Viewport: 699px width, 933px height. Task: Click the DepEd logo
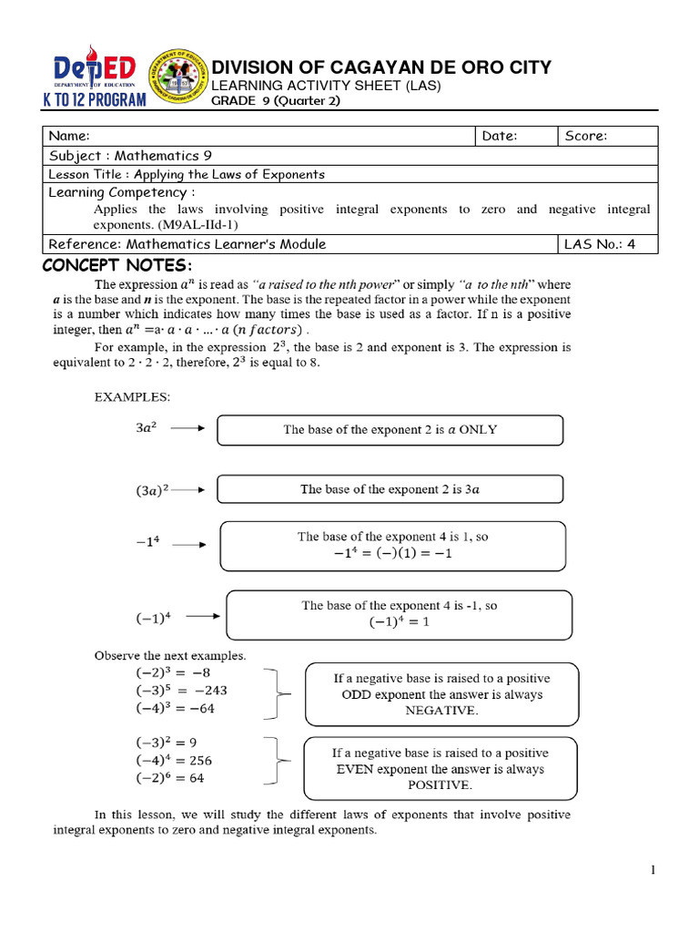95,69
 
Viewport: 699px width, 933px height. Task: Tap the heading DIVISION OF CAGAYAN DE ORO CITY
380,67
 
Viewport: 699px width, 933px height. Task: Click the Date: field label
500,136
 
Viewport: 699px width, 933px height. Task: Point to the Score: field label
586,136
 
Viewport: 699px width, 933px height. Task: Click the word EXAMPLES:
132,397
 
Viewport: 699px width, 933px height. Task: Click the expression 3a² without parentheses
146,427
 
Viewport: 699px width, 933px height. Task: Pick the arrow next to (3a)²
188,489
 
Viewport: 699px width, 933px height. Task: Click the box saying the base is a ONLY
390,429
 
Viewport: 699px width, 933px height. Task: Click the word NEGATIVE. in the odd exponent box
441,711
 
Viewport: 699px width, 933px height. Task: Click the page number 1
653,871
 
